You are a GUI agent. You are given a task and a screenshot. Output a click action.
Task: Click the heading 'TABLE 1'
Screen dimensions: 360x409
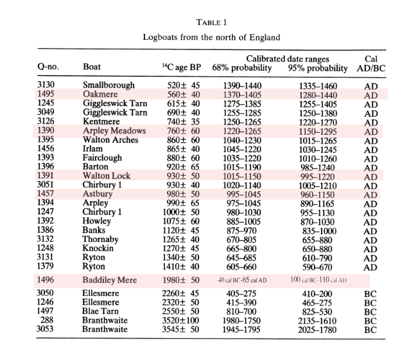(x=211, y=22)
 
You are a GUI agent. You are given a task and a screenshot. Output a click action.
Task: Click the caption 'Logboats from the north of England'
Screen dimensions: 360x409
(x=211, y=37)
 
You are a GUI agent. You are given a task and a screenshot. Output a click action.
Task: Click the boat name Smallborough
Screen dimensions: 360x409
(x=109, y=85)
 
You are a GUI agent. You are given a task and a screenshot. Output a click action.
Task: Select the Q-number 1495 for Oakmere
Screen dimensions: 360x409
(x=47, y=94)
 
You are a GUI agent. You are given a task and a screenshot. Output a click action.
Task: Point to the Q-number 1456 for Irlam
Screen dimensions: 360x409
(x=47, y=148)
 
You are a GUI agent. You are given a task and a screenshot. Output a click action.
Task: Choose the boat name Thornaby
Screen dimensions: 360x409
(x=103, y=238)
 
